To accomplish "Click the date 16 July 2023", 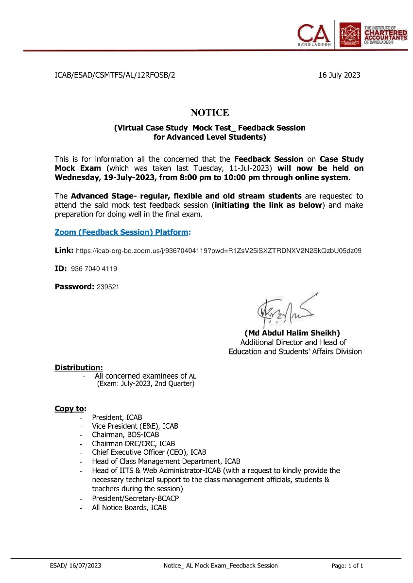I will (x=339, y=75).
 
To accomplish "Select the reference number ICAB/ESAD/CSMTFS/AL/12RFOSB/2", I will (x=115, y=75).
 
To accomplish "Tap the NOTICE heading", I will (x=209, y=113).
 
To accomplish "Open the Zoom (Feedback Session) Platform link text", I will (x=121, y=232).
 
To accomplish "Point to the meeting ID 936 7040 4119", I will (x=94, y=268).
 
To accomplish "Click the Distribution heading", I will (x=79, y=367).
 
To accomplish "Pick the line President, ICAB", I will (x=117, y=417).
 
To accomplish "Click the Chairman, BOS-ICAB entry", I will (x=125, y=435).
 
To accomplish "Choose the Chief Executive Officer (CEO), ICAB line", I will (x=149, y=452).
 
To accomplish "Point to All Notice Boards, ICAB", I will (x=129, y=508).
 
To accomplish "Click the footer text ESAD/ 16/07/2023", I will (x=75, y=566).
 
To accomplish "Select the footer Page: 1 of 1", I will (x=347, y=566).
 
